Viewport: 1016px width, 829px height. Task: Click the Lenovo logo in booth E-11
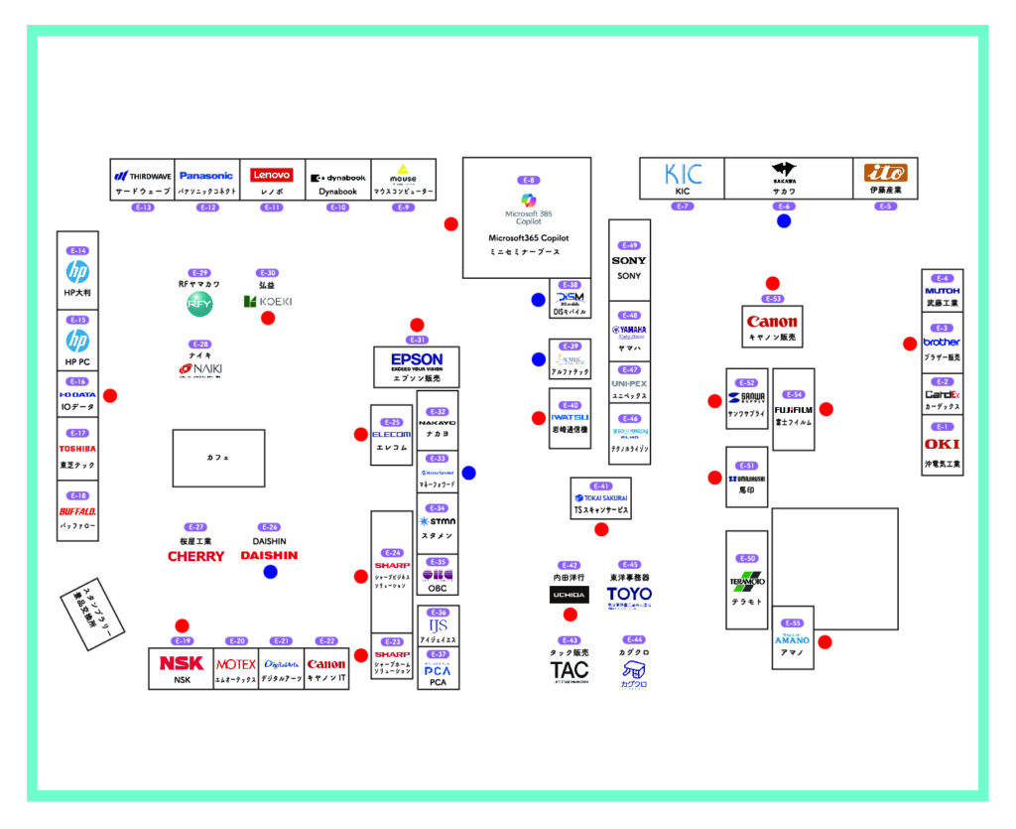tap(271, 175)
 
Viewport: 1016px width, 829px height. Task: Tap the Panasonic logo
tap(206, 176)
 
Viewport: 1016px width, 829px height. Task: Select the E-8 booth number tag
tap(528, 180)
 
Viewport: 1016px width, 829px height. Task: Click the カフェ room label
tap(218, 458)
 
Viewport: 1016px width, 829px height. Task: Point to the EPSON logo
tap(417, 359)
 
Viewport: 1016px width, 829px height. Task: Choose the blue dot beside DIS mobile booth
tap(538, 300)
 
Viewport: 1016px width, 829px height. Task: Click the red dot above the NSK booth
tap(182, 625)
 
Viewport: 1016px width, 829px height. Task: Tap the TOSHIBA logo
tap(78, 449)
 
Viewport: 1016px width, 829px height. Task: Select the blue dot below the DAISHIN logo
tap(270, 572)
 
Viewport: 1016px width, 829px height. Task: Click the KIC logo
tap(683, 175)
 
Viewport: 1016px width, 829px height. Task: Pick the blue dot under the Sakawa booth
tap(784, 221)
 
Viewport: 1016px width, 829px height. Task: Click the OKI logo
tap(942, 444)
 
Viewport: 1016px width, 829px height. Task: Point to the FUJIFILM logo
tap(794, 409)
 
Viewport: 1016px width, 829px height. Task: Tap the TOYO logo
tap(629, 595)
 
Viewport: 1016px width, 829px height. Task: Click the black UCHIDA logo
tap(569, 595)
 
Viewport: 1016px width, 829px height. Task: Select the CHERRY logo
tap(195, 557)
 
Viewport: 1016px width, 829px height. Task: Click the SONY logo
tap(629, 261)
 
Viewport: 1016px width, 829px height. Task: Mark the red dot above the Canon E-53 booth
tap(773, 284)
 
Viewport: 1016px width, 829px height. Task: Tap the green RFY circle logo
tap(199, 305)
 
